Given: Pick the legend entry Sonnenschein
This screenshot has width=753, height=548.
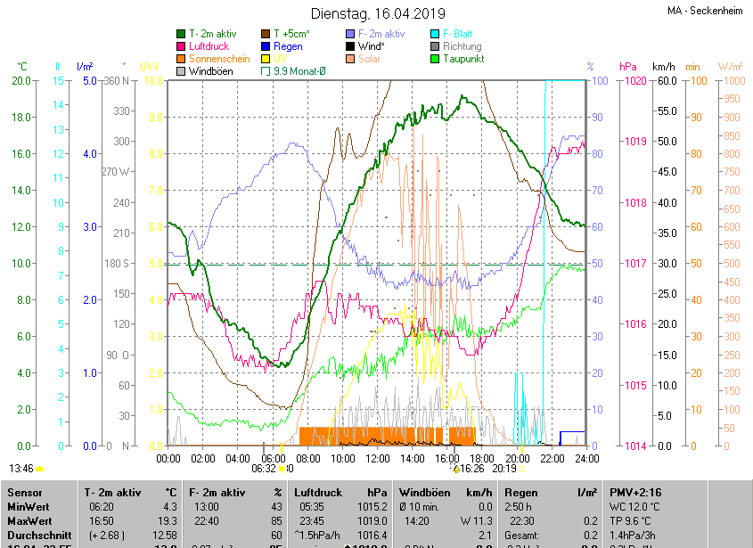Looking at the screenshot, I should click(x=219, y=59).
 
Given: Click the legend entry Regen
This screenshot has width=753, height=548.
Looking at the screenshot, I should click(x=288, y=46).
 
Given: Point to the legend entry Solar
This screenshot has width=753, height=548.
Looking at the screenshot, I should click(x=369, y=59).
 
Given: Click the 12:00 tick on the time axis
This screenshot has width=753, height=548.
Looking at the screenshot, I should click(x=377, y=458).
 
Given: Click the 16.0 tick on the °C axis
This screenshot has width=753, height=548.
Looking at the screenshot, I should click(x=20, y=154).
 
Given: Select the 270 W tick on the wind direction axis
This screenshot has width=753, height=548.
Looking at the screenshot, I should click(x=116, y=172).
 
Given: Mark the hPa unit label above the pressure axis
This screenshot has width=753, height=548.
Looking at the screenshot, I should click(x=628, y=67).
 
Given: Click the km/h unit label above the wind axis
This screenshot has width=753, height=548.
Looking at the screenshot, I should click(x=663, y=67).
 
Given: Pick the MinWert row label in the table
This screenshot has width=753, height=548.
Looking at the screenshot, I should click(x=29, y=506).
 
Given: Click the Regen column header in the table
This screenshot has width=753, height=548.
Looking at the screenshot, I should click(x=521, y=492).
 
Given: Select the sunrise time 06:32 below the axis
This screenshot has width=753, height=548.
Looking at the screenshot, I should click(x=263, y=468).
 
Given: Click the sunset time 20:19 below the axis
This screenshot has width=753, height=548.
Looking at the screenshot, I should click(x=504, y=468).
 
